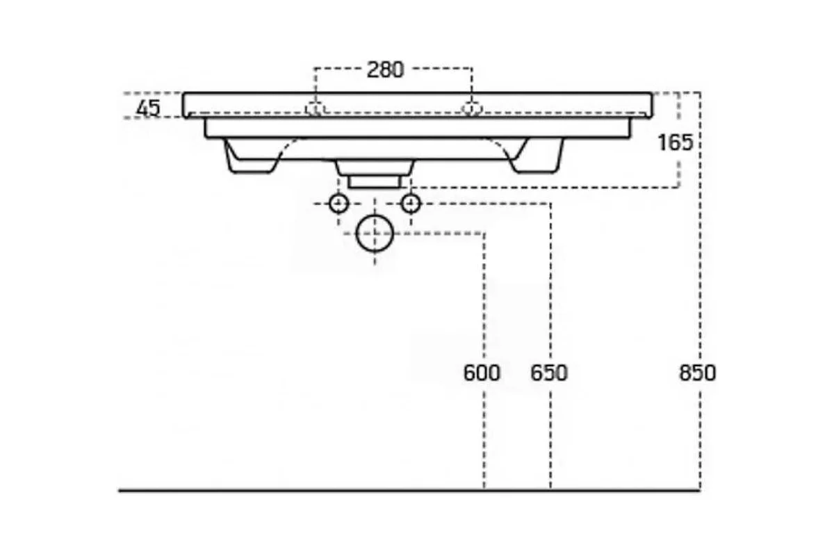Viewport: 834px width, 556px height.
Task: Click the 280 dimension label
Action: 385,69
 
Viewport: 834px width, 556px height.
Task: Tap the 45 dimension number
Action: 149,108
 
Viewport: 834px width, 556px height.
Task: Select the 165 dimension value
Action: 676,142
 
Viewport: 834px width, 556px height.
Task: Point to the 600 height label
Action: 482,373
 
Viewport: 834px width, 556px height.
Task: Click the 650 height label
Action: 549,373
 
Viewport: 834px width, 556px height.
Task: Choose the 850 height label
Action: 697,373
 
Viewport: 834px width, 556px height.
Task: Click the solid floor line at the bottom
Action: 409,491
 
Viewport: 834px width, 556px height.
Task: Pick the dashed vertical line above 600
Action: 484,298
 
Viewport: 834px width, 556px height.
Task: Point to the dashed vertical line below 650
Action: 550,440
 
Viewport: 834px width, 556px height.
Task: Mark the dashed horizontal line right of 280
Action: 442,69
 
